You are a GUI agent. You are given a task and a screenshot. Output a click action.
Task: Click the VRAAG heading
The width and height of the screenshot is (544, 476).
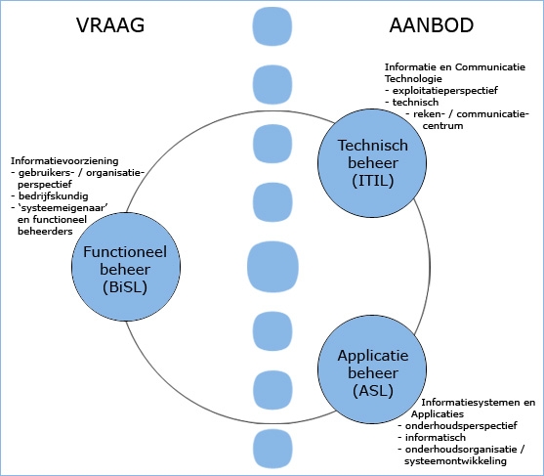coord(110,25)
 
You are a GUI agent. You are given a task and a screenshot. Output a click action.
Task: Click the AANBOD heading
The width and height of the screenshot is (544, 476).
coord(432,25)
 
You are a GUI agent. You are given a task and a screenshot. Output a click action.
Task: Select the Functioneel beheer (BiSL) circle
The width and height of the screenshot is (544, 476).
coord(126,267)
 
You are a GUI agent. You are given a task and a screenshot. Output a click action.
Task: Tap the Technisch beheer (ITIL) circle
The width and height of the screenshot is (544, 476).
coord(372,163)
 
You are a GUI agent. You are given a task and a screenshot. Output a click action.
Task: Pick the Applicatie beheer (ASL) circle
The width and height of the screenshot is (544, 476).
coord(372,369)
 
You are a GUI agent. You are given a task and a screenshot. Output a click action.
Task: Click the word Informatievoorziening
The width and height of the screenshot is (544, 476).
coord(64,161)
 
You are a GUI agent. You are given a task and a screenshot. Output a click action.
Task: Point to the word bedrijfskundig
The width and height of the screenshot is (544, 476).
coord(54,196)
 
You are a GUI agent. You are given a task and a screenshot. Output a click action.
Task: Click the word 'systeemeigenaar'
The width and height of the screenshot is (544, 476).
coord(63,207)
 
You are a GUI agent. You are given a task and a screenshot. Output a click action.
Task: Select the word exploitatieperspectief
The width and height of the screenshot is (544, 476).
coord(445,91)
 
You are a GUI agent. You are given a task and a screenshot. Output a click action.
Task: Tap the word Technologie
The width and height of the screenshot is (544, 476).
coord(413,79)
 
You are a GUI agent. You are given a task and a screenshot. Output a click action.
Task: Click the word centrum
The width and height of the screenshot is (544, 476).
coord(442,126)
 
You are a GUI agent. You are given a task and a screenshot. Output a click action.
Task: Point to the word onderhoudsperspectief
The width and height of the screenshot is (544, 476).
coord(461,425)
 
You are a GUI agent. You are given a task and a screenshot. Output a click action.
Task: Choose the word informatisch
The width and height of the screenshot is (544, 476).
coord(435,437)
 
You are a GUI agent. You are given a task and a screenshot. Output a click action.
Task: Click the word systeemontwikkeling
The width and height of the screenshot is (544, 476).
coord(455,461)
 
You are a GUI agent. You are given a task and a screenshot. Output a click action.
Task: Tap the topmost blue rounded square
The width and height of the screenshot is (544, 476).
coord(272,26)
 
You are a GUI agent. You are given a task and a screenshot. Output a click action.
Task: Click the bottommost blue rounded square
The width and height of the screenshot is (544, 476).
coord(272,449)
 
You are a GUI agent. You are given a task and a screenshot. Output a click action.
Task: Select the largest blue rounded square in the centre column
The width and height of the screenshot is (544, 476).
coord(272,267)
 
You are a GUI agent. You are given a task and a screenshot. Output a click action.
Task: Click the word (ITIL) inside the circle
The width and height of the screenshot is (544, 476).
coord(373,181)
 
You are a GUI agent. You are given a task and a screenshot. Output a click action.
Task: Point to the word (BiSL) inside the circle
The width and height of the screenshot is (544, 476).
coord(125,287)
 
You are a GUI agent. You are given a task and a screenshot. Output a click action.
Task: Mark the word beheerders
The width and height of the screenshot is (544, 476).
coord(45,232)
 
